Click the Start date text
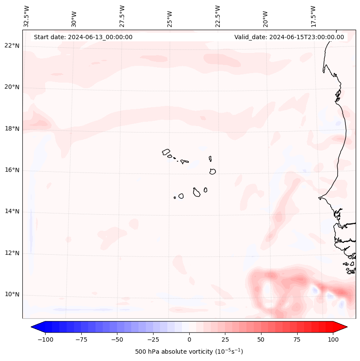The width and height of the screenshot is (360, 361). coord(83,37)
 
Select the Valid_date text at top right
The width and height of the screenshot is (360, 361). coord(289,37)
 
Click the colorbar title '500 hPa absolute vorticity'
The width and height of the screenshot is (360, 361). coord(189,352)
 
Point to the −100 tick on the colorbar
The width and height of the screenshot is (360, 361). coord(45,339)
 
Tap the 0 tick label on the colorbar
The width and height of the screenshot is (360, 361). coord(189,339)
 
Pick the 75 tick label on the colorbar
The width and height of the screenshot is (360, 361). coord(297,339)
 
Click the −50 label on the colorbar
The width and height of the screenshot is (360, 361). coord(117,339)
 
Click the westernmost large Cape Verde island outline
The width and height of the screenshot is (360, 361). coord(166,152)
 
